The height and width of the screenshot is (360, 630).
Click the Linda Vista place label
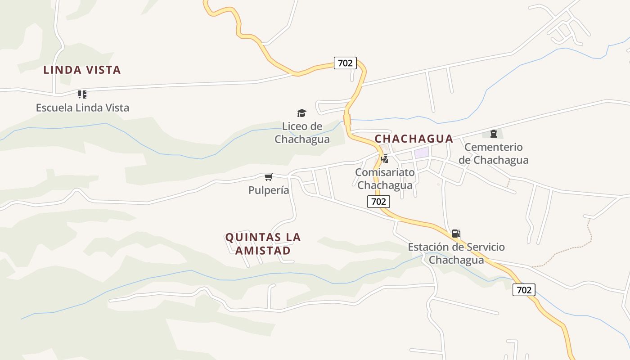pyautogui.click(x=82, y=70)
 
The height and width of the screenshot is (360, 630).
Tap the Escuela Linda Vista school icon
pyautogui.click(x=82, y=94)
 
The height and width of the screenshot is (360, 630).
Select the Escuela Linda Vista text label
pyautogui.click(x=82, y=108)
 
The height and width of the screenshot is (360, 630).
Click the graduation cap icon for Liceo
pyautogui.click(x=301, y=113)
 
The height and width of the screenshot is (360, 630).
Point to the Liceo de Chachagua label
pyautogui.click(x=302, y=133)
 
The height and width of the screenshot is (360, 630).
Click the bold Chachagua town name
pyautogui.click(x=414, y=139)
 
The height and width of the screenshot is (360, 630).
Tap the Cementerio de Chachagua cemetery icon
pyautogui.click(x=494, y=134)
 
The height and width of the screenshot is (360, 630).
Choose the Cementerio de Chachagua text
pyautogui.click(x=493, y=153)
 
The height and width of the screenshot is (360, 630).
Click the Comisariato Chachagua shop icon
pyautogui.click(x=384, y=159)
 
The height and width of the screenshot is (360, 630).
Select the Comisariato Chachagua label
pyautogui.click(x=385, y=179)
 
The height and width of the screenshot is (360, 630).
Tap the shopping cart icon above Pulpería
pyautogui.click(x=269, y=177)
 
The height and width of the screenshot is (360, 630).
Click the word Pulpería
pyautogui.click(x=269, y=190)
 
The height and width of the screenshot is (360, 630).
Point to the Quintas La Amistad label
pyautogui.click(x=263, y=243)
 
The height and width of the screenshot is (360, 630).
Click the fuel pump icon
pyautogui.click(x=456, y=234)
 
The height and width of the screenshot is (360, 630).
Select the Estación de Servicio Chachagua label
pyautogui.click(x=456, y=253)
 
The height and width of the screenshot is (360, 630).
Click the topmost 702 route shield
pyautogui.click(x=345, y=63)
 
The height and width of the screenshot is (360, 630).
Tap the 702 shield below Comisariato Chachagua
pyautogui.click(x=378, y=201)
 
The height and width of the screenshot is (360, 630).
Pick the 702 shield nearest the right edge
pyautogui.click(x=524, y=290)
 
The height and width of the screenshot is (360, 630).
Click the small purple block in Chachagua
pyautogui.click(x=422, y=153)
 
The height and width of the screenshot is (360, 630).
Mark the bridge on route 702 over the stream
pyautogui.click(x=347, y=120)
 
